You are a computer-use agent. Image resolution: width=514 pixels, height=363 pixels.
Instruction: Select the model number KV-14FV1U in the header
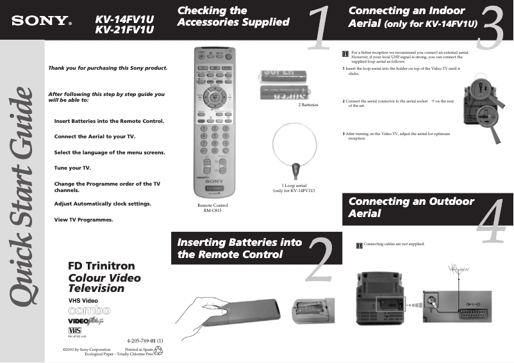click(125, 18)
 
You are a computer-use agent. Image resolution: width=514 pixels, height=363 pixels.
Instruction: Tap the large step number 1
click(319, 30)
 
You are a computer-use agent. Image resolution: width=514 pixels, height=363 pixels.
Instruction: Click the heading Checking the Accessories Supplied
click(233, 17)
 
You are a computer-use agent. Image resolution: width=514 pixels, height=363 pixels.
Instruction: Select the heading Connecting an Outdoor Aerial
click(411, 207)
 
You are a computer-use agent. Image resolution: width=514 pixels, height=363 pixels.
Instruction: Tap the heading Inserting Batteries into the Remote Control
click(239, 248)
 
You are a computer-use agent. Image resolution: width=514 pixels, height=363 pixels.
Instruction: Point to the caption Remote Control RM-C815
click(212, 207)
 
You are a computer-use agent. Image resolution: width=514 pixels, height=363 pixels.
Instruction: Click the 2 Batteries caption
click(308, 104)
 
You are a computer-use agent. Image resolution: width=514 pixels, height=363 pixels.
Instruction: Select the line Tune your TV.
click(72, 168)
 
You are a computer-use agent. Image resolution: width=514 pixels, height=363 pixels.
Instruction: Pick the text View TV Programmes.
click(84, 220)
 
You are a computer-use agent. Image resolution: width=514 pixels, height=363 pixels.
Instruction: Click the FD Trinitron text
click(101, 266)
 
